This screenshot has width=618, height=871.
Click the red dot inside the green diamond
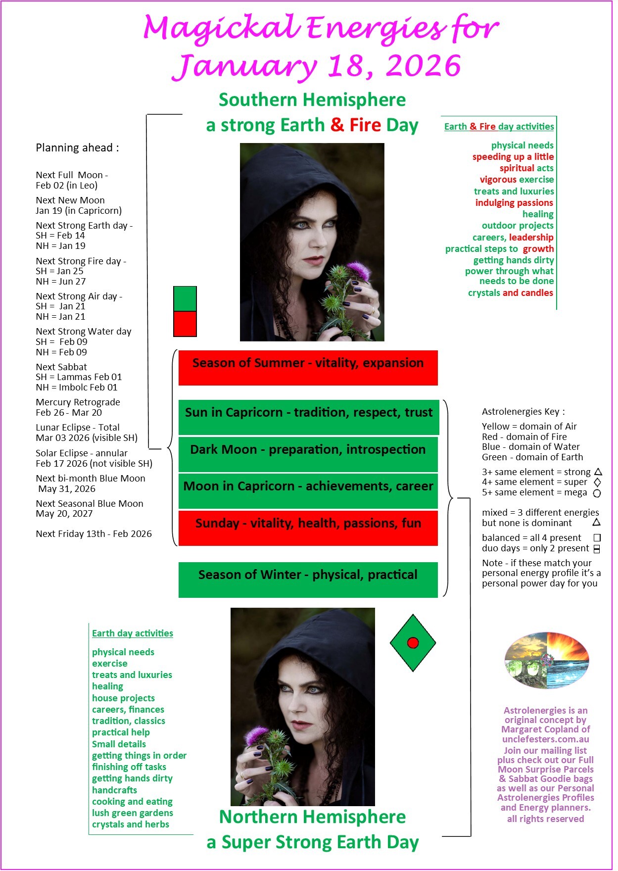(x=413, y=643)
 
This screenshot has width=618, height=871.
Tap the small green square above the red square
(x=185, y=299)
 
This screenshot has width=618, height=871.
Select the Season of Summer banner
(x=308, y=368)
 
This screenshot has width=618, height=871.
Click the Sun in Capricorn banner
(x=308, y=417)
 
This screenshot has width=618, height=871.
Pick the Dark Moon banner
(x=308, y=454)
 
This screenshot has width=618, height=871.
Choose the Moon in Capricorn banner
(x=308, y=491)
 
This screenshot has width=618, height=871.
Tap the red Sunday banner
(x=308, y=528)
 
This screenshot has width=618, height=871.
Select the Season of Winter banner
(x=308, y=580)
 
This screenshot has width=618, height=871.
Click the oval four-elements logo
(x=546, y=660)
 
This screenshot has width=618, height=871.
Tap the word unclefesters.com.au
(x=545, y=739)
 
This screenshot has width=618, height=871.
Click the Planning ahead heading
(x=77, y=147)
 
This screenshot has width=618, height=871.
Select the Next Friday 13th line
(x=94, y=533)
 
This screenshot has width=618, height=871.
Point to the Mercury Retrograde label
(x=78, y=402)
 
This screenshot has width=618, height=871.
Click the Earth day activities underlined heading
(x=132, y=633)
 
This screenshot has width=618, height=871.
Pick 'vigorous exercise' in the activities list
(x=516, y=180)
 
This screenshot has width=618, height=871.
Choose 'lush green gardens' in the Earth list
(x=132, y=813)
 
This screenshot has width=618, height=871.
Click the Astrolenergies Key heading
(x=523, y=412)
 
